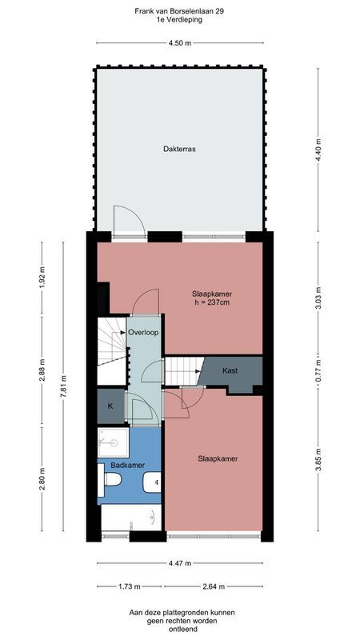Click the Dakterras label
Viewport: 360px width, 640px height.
pos(179,150)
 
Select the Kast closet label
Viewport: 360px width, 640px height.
pos(230,370)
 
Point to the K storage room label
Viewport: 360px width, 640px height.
pos(110,406)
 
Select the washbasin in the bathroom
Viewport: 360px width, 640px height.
pos(153,482)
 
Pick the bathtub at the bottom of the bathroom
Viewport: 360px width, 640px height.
pos(131,520)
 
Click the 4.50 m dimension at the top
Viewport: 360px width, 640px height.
pos(179,43)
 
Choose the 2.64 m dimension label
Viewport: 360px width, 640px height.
pos(214,586)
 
